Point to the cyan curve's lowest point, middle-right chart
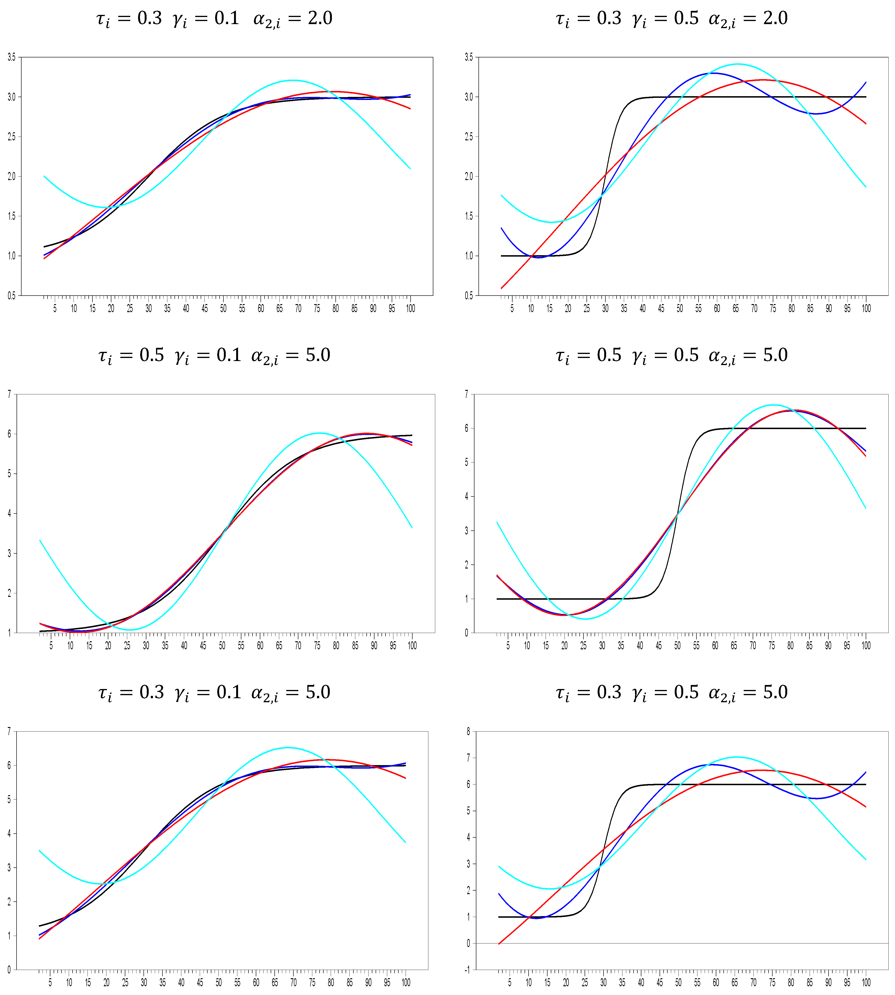point(585,619)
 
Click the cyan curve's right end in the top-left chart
point(410,169)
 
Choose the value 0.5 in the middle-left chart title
point(152,355)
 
